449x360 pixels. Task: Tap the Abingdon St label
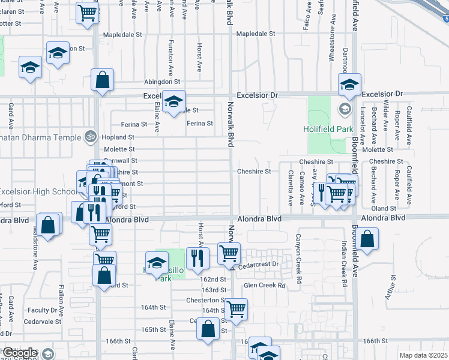(161, 82)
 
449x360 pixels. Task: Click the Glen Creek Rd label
(264, 286)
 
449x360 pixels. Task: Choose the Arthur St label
(393, 286)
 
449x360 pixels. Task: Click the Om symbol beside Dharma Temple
(90, 137)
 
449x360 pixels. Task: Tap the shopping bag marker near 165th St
(208, 329)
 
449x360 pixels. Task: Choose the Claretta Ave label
(290, 187)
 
